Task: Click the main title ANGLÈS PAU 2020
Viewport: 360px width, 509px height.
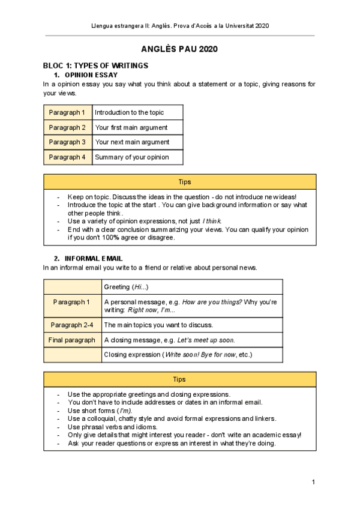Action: (179, 49)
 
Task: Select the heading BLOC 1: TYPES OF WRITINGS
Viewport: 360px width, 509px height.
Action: (95, 65)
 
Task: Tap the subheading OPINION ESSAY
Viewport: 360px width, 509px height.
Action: (92, 74)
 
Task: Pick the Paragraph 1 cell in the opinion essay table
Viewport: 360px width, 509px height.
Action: (68, 112)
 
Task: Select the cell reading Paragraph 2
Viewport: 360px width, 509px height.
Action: (68, 127)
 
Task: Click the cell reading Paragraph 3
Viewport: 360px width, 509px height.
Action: (68, 142)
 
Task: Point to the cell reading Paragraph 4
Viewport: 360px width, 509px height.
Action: (68, 157)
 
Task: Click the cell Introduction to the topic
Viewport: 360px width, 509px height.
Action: (129, 112)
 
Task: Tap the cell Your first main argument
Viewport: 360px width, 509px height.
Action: (131, 127)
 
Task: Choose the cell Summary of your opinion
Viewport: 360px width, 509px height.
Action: (132, 157)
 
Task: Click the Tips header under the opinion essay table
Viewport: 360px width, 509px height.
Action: (179, 182)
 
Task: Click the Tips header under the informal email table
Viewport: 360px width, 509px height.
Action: (179, 379)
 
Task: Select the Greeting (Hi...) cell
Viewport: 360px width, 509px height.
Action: (126, 287)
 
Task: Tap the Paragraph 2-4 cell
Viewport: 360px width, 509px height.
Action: (71, 325)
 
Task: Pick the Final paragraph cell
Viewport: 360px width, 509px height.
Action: (71, 340)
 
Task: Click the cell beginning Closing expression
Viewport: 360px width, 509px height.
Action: (178, 355)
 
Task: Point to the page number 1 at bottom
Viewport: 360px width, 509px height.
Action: (313, 483)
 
